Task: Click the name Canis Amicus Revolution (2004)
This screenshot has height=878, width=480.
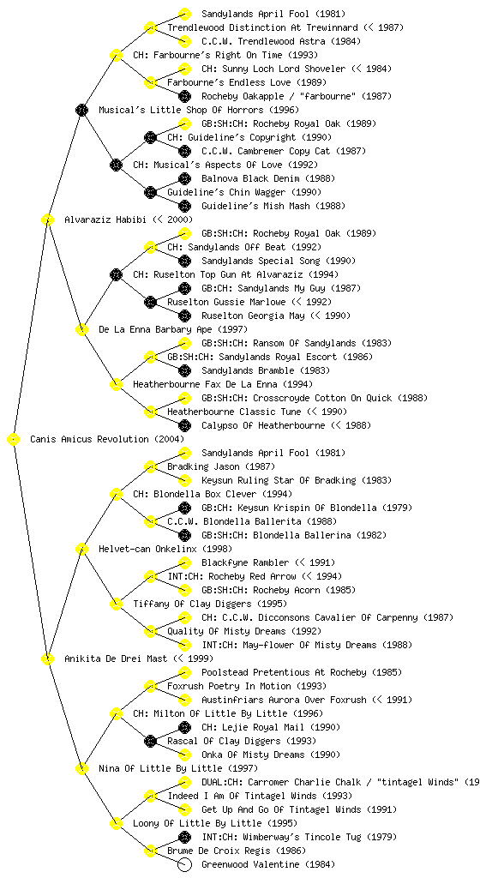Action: (107, 440)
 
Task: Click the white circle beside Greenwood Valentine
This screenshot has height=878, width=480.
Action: (184, 864)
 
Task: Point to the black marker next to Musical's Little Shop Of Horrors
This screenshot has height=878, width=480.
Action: (81, 110)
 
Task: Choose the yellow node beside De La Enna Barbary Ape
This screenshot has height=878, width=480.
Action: (81, 330)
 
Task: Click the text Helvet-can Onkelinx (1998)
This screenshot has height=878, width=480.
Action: (165, 550)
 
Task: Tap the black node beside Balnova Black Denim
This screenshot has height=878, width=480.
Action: (184, 178)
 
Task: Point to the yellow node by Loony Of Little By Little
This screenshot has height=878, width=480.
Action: (116, 824)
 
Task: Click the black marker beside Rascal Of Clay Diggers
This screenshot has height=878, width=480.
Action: (150, 742)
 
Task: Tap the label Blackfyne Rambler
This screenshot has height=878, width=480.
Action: (245, 562)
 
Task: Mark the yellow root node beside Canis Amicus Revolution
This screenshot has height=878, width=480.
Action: (13, 440)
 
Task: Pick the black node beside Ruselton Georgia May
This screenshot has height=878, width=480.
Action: (184, 316)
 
